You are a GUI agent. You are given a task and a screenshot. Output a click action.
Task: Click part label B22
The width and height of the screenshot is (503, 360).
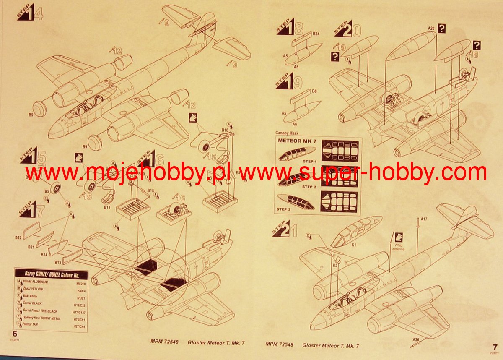(18, 237)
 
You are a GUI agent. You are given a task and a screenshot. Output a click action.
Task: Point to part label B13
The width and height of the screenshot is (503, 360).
(57, 263)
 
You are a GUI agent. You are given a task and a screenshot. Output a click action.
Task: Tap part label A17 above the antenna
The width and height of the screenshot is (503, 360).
(424, 218)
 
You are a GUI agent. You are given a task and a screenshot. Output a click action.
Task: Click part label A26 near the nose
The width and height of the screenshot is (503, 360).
(415, 339)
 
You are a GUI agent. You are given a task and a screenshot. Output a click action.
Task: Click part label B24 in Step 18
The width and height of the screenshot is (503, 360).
(316, 34)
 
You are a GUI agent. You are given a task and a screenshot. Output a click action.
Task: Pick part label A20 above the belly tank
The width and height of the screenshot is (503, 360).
(430, 28)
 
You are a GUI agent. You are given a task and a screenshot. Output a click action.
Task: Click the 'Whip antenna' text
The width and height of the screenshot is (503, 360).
(398, 247)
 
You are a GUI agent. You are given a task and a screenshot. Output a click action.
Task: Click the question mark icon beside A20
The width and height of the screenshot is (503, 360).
(441, 28)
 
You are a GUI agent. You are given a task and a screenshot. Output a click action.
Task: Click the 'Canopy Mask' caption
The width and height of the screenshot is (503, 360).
(287, 133)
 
